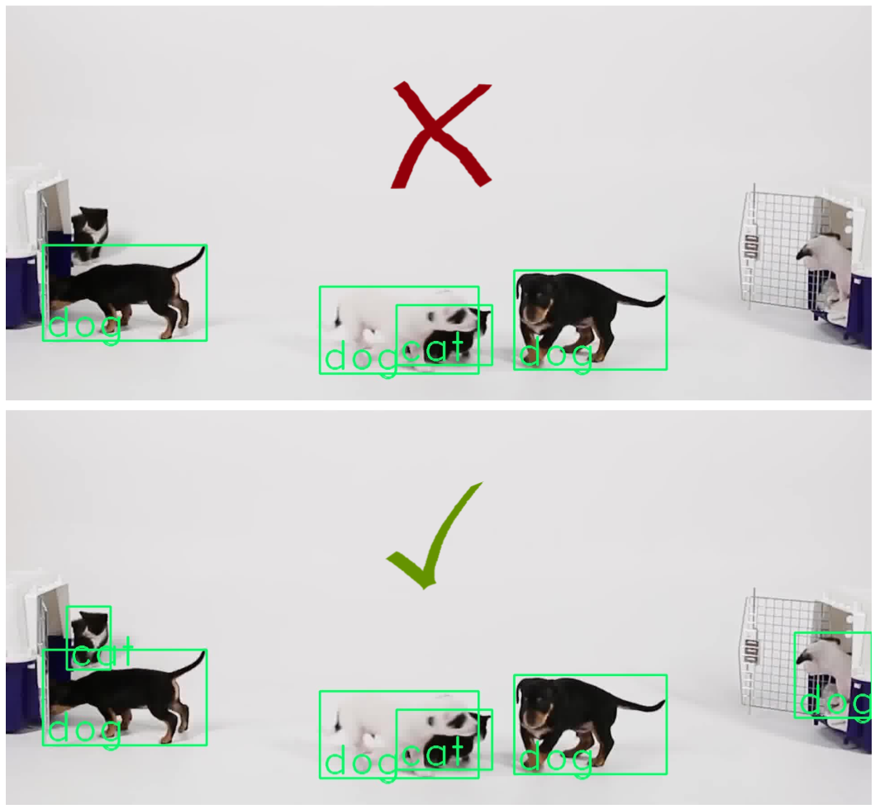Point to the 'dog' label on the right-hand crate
coord(835,703)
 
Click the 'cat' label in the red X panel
coord(433,350)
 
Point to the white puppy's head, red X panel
coord(351,317)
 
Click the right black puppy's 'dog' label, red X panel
coord(556,354)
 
